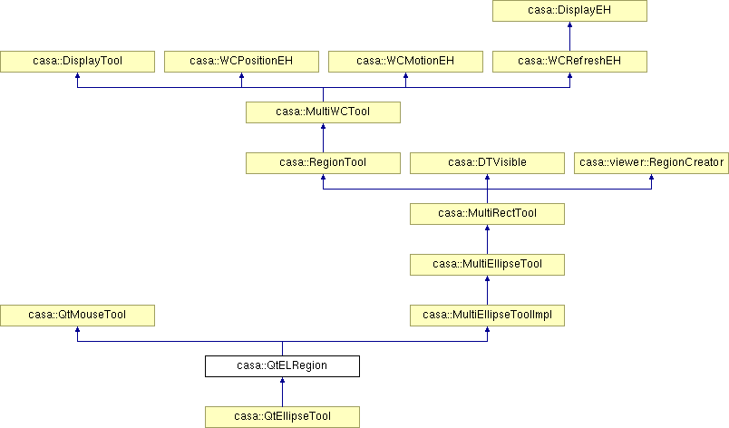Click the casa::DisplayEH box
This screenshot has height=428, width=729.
[x=569, y=11]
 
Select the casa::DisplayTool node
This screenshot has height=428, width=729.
[x=77, y=62]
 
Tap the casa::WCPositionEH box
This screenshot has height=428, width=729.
[x=241, y=62]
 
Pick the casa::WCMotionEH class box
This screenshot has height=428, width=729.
[x=405, y=62]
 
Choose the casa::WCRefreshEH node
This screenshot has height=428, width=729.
[x=569, y=62]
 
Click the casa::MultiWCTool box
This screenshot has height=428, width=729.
[x=323, y=112]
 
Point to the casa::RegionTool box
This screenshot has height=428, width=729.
[x=323, y=162]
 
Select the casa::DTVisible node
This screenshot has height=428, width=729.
[x=487, y=162]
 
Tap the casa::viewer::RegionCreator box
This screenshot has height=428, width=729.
[x=651, y=162]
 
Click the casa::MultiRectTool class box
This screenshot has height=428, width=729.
[x=487, y=214]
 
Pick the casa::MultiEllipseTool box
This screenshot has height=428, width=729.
[x=487, y=265]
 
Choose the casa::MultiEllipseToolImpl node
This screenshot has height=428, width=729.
[x=487, y=315]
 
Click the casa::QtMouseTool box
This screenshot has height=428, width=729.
[x=77, y=315]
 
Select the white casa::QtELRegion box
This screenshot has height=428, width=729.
[x=282, y=366]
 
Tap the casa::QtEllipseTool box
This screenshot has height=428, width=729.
[x=282, y=417]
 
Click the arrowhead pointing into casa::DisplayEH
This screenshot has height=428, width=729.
[x=569, y=24]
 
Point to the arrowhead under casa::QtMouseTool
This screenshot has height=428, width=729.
[x=77, y=329]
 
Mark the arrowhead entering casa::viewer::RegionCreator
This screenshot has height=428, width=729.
[x=651, y=178]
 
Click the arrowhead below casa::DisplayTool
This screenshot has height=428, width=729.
[x=77, y=76]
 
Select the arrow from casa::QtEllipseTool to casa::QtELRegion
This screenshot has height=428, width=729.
[x=282, y=392]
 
